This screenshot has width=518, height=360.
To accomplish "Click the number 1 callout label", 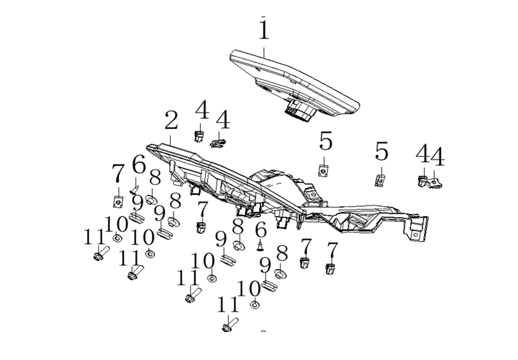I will coord(264,30).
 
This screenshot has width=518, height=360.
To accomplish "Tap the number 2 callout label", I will coord(171,121).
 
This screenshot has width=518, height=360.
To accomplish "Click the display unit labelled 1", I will coord(295,82).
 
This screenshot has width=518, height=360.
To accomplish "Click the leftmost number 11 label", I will coord(95,237).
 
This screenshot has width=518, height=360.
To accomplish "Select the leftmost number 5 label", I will coord(325,142).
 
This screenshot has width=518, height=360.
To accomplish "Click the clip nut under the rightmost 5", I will coord(379,180).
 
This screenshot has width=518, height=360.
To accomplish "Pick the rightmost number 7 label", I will coord(332,250).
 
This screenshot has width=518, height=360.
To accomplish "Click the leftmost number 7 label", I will coord(118,174).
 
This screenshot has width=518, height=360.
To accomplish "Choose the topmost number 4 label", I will coord(202,110).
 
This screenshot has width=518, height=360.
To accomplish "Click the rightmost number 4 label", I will coord(437,157).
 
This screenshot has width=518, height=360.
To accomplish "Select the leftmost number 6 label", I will coord(138,166).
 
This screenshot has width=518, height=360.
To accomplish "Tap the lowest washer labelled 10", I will coord(255,304).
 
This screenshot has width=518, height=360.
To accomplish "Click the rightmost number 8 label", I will coord(283,253).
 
